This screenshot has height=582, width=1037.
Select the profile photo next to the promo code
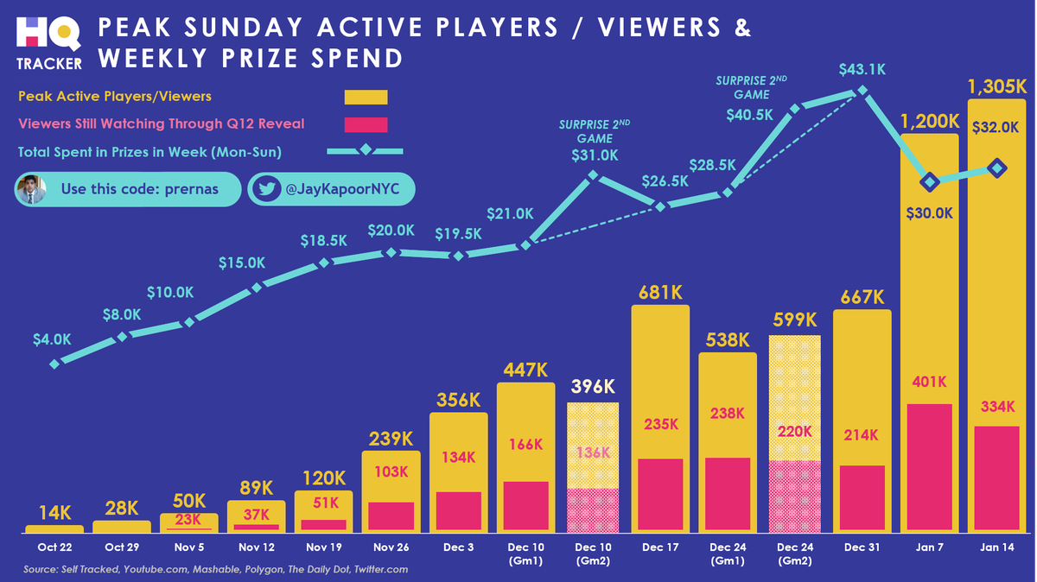(30, 190)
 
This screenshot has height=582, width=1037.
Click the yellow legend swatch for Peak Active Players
(366, 97)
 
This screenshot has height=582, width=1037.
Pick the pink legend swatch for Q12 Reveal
(366, 124)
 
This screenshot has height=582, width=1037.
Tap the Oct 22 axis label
(54, 547)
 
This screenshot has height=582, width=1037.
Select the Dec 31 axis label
(862, 547)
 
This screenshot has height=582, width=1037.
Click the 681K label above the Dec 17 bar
(660, 294)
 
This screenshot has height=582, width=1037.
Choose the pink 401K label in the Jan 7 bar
(929, 382)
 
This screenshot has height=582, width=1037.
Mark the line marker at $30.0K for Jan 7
(930, 181)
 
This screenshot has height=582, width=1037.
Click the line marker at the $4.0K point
(55, 364)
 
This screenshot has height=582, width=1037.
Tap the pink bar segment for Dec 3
(458, 511)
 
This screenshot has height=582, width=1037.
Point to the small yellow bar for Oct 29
(122, 526)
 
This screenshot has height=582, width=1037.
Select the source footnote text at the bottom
(215, 570)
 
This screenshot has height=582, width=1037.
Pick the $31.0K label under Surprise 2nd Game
(595, 155)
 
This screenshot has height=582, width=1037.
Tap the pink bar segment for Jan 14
(996, 479)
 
